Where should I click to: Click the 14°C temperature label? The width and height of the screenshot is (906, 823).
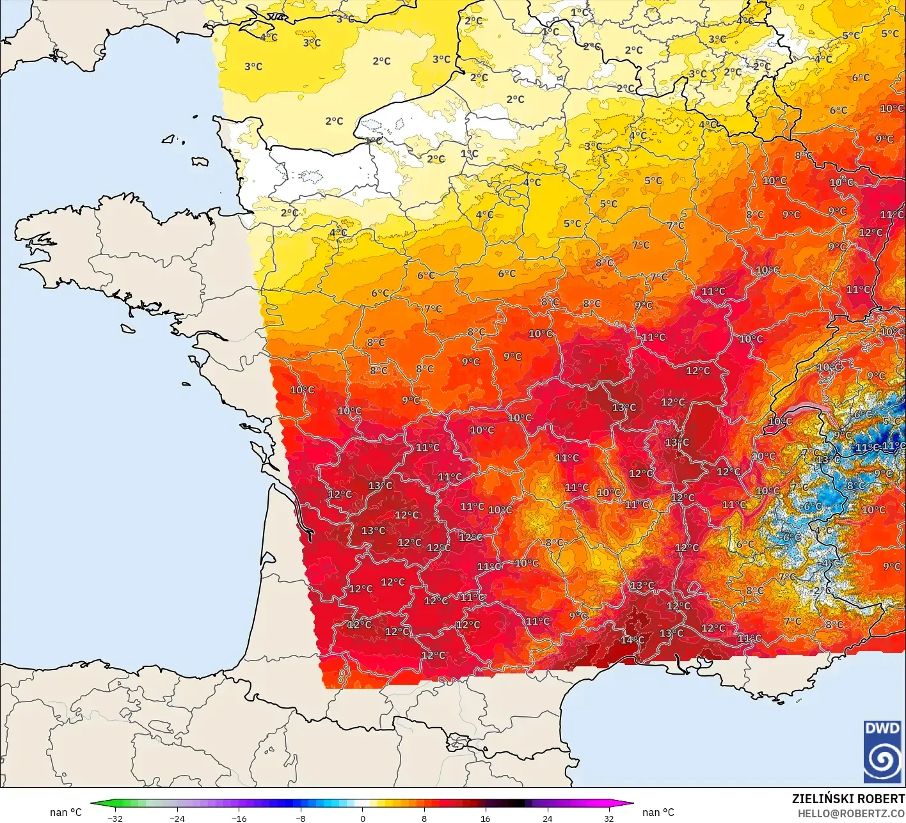(x=632, y=640)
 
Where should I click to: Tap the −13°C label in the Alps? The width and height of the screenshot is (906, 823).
(x=828, y=460)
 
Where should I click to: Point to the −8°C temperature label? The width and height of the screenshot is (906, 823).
(x=855, y=486)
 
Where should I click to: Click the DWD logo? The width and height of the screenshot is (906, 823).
(x=883, y=752)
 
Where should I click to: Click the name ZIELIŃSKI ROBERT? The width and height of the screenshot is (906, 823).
(x=848, y=799)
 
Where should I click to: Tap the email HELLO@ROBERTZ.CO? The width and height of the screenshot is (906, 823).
(x=851, y=813)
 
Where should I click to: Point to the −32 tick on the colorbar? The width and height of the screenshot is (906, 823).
(x=115, y=818)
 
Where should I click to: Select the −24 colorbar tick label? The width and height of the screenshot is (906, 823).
(x=177, y=818)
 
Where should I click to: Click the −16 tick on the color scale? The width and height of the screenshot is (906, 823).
(x=239, y=818)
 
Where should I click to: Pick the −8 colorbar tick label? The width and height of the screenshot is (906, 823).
(x=301, y=818)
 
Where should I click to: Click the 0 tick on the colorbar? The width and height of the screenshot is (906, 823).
(x=362, y=818)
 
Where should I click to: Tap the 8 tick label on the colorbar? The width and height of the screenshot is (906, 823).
(x=424, y=818)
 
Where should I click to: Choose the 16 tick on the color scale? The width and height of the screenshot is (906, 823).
(x=486, y=818)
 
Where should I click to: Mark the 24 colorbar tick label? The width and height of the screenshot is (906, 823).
(x=548, y=818)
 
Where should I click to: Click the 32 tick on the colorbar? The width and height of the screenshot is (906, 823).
(x=609, y=818)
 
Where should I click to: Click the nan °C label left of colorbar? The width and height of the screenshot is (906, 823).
(x=66, y=812)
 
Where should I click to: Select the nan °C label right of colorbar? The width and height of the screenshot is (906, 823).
(x=658, y=812)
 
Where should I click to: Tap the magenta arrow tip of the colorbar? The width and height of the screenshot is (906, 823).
(x=629, y=804)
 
